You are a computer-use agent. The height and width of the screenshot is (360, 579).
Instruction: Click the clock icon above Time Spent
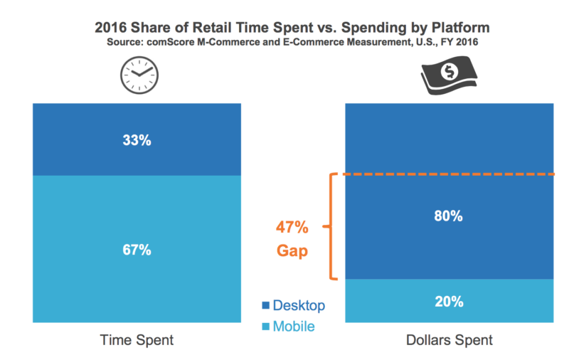(x=139, y=75)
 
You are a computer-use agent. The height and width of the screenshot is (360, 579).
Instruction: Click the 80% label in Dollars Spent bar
(x=449, y=216)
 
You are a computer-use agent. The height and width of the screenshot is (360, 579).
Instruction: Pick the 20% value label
(x=449, y=302)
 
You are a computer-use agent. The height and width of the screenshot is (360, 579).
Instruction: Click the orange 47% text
(x=292, y=228)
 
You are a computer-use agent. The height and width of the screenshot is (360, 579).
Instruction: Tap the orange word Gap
(x=292, y=251)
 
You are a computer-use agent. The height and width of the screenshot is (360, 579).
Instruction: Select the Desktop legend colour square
(x=266, y=306)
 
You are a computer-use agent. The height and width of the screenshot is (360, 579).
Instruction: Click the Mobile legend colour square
(x=266, y=327)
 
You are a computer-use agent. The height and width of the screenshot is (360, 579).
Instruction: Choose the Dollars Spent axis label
(x=449, y=341)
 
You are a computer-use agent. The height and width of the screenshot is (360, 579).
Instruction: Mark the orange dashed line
(x=449, y=174)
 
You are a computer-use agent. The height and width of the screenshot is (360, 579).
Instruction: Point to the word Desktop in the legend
(x=299, y=306)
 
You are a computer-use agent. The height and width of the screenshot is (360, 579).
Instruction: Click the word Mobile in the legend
(x=293, y=327)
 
